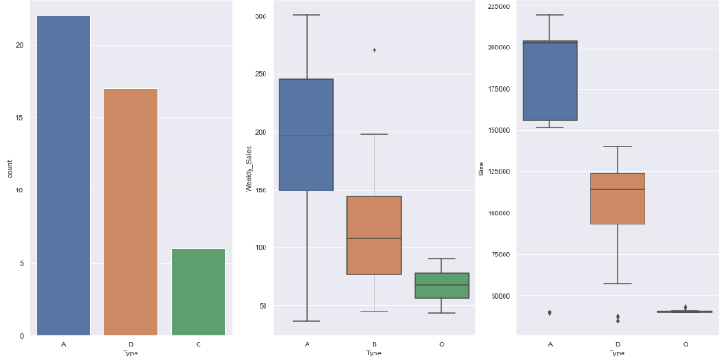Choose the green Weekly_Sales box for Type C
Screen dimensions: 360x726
(x=441, y=285)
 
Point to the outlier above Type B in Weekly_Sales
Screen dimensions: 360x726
(x=374, y=49)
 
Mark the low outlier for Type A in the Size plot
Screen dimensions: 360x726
(x=550, y=312)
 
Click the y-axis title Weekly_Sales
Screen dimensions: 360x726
(x=248, y=174)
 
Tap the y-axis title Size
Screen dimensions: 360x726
(x=481, y=169)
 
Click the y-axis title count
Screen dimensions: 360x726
(x=9, y=169)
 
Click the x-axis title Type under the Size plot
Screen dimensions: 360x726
(x=618, y=354)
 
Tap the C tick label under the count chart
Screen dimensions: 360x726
(x=199, y=344)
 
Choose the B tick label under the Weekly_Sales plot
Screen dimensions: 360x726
(x=374, y=344)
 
